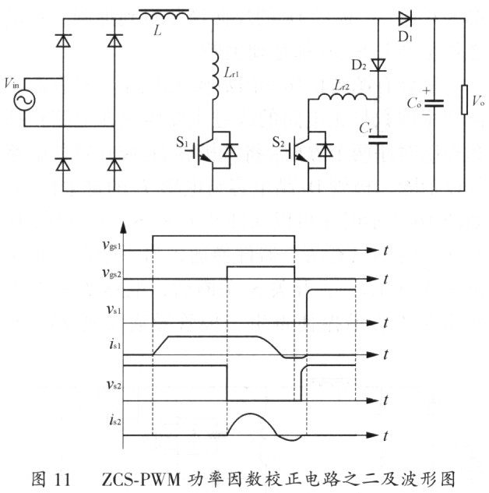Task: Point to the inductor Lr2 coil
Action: tap(340, 99)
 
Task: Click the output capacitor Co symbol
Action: tap(434, 102)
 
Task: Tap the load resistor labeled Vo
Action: tap(465, 100)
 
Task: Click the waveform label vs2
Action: tap(112, 383)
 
